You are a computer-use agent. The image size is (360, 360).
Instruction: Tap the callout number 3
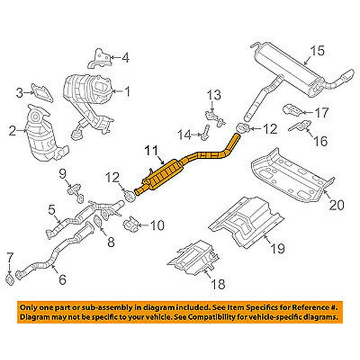[20, 92]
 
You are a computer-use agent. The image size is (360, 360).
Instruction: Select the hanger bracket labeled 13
[215, 115]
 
